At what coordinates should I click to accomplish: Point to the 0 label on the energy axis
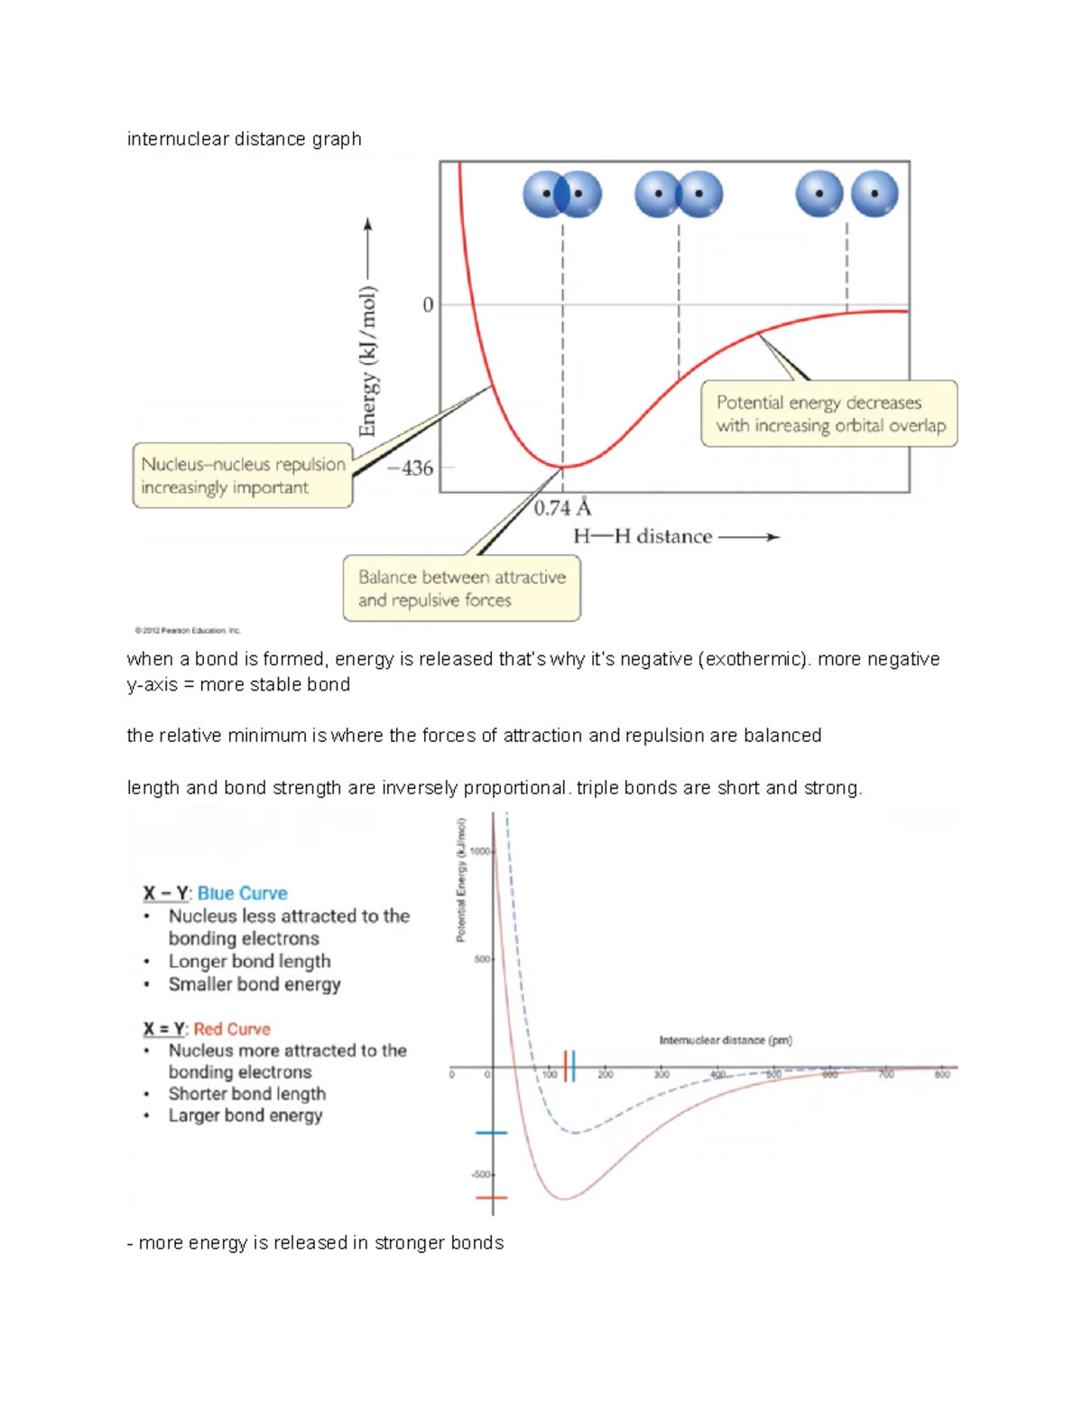click(x=428, y=305)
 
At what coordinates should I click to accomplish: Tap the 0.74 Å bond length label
click(x=561, y=508)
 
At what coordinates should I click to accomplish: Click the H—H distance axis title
click(x=643, y=536)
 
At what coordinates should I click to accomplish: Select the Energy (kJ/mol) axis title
click(x=367, y=361)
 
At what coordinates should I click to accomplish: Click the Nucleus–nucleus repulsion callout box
click(x=243, y=476)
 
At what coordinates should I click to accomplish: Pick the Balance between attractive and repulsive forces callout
click(x=461, y=589)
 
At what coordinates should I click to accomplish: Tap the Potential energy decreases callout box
click(x=829, y=413)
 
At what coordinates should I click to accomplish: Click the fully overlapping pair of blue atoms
click(x=562, y=194)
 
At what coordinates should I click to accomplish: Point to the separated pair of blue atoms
click(x=847, y=194)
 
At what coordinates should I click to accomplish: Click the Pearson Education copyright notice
click(x=188, y=630)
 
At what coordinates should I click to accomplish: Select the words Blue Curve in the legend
click(x=242, y=893)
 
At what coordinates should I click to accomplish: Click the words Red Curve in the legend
click(x=232, y=1029)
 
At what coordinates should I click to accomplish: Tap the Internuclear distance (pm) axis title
click(x=726, y=1040)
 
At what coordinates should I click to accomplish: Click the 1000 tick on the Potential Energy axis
click(x=479, y=851)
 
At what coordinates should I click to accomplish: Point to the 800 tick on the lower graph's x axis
click(x=942, y=1074)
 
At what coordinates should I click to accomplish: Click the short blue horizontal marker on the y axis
click(x=492, y=1132)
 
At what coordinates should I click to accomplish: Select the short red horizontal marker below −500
click(x=492, y=1198)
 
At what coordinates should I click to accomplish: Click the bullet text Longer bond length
click(x=249, y=961)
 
